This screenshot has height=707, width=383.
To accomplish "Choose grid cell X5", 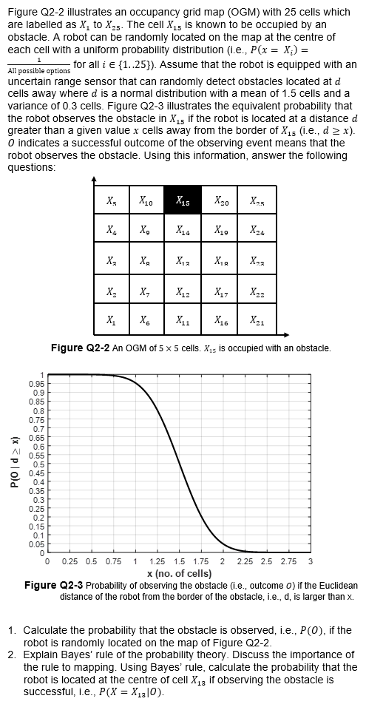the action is (111, 200).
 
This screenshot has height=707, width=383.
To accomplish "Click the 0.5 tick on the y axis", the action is (36, 464).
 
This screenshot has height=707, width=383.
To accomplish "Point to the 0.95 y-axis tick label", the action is (34, 384).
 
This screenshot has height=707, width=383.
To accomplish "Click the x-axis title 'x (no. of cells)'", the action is (178, 573).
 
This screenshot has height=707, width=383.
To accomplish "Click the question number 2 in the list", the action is (12, 654).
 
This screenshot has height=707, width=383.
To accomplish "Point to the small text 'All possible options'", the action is (38, 70).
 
